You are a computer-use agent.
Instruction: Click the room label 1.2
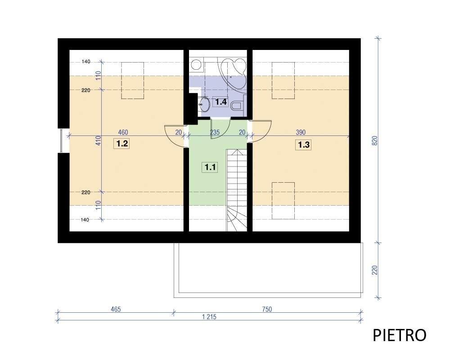122,143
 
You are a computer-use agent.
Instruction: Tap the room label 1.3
304,145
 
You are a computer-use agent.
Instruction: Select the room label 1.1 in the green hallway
210,167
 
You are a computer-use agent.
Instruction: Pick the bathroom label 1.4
220,102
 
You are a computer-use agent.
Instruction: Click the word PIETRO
399,335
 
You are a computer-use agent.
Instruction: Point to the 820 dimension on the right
374,140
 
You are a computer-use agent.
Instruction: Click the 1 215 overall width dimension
209,317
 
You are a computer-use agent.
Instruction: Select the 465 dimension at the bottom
116,309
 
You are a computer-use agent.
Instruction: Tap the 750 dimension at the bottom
267,309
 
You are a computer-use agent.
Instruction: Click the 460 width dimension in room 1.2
123,132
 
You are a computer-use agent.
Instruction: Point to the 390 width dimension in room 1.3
301,132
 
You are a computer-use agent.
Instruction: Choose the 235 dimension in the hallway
215,132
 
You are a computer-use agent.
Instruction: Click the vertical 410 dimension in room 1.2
99,140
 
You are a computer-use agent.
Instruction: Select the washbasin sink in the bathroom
204,103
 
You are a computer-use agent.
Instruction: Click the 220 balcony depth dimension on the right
374,270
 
